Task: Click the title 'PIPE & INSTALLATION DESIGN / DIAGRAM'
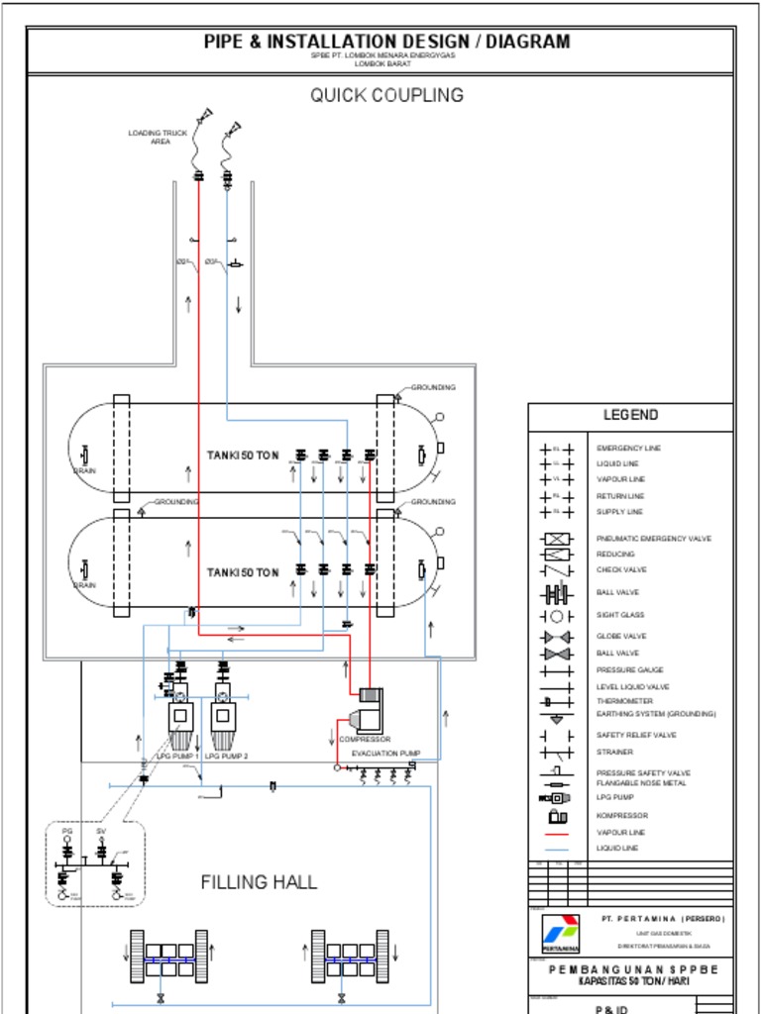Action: click(x=386, y=42)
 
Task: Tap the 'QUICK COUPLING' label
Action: click(x=386, y=95)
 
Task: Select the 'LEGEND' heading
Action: click(x=630, y=415)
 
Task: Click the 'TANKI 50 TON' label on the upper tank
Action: click(x=243, y=456)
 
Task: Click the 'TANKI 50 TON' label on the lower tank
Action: click(x=243, y=572)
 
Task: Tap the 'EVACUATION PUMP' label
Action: click(x=385, y=754)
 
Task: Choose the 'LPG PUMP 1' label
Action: click(x=179, y=756)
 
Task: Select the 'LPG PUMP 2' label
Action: click(x=225, y=756)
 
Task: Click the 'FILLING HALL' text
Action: click(x=260, y=881)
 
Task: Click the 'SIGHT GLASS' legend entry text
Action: click(x=620, y=615)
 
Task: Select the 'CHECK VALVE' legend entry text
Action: click(x=621, y=570)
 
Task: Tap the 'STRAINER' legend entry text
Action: click(x=614, y=752)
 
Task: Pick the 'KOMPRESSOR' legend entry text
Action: click(x=621, y=816)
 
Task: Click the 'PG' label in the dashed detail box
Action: click(x=67, y=831)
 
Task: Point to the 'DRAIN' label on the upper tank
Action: click(x=84, y=471)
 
